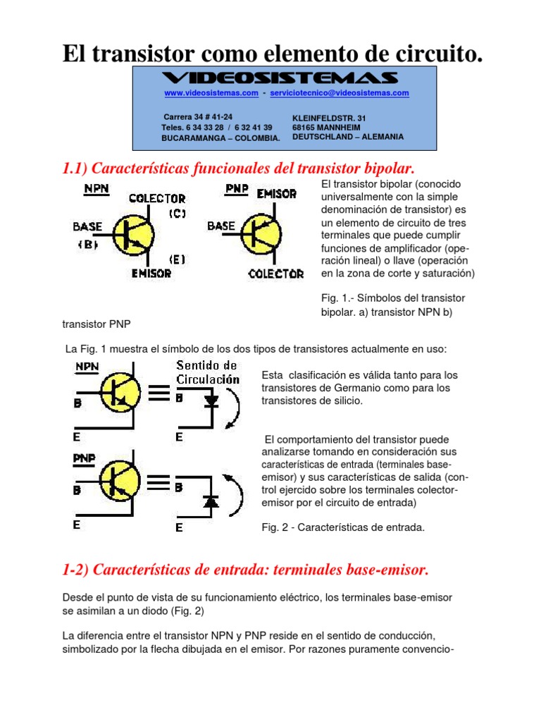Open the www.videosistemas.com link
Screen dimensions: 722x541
201,93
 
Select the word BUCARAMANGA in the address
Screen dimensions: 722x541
187,138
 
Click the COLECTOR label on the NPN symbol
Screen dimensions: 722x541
157,199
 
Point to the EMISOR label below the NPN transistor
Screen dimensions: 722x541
151,273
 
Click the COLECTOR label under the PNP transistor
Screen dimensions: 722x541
276,274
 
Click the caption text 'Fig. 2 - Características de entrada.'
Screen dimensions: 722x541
343,527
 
